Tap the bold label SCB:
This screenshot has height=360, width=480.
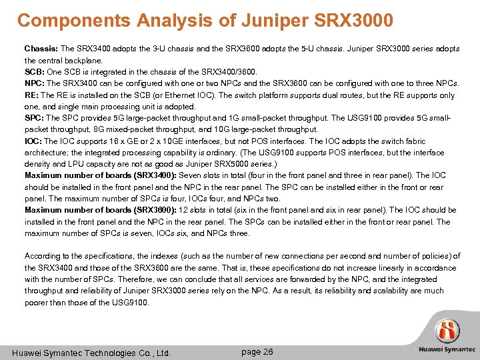[x=34, y=71]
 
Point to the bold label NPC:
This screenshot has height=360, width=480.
[x=34, y=83]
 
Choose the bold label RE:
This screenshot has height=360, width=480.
[x=31, y=95]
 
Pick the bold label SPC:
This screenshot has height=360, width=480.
[x=34, y=118]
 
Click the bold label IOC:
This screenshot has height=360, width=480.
[x=33, y=141]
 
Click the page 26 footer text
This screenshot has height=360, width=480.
[x=257, y=351]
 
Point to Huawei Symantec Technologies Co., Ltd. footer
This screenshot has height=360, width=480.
[x=92, y=353]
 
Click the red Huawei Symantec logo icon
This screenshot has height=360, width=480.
[x=447, y=331]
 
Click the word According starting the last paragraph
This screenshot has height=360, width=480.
[x=43, y=256]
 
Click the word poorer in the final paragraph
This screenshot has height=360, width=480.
[x=37, y=302]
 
